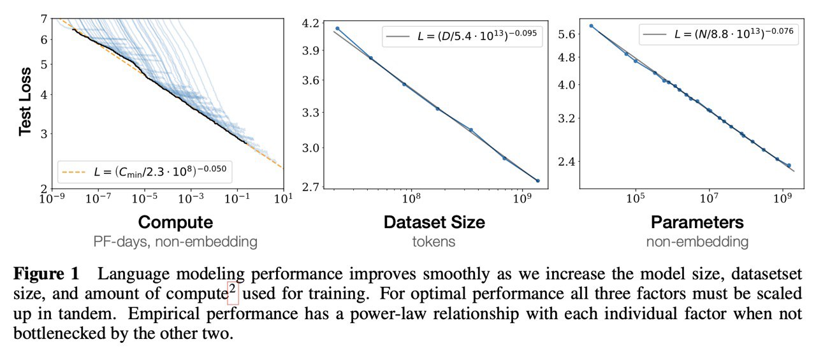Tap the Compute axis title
pos(175,222)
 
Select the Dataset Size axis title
pos(434,222)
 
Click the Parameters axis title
pos(697,222)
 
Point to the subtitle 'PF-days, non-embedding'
pos(175,241)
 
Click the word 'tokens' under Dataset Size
pos(434,241)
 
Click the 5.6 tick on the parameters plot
pos(567,34)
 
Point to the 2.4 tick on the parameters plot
pos(567,162)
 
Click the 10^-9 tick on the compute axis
pos(52,199)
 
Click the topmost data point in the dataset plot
pos(337,29)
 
